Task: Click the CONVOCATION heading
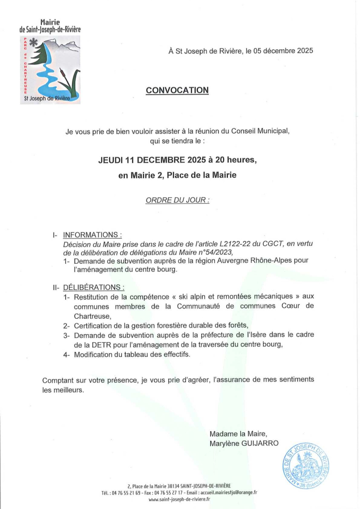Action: [177, 90]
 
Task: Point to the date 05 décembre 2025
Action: [280, 51]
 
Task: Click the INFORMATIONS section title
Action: [92, 235]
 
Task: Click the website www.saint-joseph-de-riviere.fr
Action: [179, 499]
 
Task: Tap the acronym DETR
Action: [103, 344]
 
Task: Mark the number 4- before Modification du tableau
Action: [66, 355]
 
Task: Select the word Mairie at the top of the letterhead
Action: [50, 22]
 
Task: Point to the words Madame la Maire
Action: [238, 434]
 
